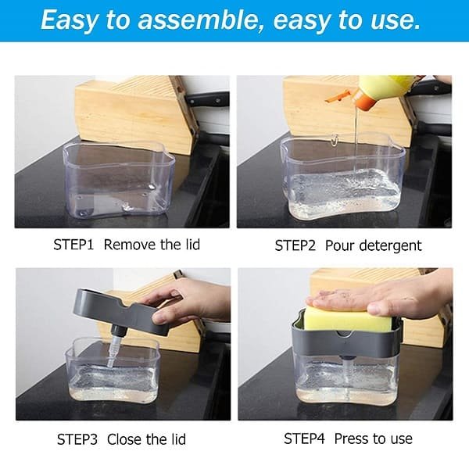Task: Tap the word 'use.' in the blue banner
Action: click(395, 20)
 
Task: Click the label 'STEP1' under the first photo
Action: click(73, 245)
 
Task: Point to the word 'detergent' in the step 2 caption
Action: click(390, 245)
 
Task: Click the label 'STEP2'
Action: click(295, 245)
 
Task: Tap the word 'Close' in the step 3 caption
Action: click(124, 439)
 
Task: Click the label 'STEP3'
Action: click(77, 439)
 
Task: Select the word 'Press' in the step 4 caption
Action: click(351, 439)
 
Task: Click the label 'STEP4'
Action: click(304, 439)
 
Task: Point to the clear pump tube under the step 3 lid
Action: click(113, 350)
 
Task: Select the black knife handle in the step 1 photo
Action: click(207, 99)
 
